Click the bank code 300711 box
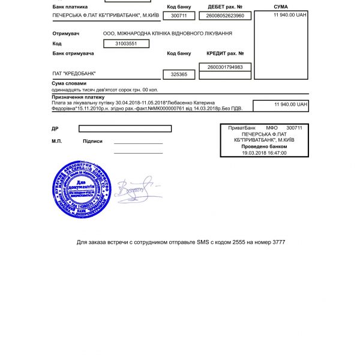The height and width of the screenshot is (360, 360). pos(179,16)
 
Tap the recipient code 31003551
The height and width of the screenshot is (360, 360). pos(126,44)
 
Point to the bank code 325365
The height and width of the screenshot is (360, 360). pos(179,75)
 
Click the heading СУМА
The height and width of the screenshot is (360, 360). pos(280,7)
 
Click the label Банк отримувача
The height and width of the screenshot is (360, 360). pos(73,54)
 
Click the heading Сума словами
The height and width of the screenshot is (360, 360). pos(69,83)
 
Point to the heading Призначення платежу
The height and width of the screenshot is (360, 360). pos(79,97)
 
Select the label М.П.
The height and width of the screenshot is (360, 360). pos(57,142)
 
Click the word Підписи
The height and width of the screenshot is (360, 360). pos(92,142)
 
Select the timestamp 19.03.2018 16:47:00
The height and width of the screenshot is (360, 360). pos(264,152)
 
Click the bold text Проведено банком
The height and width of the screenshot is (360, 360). pos(264,146)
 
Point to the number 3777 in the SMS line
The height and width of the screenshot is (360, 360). pos(278,242)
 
